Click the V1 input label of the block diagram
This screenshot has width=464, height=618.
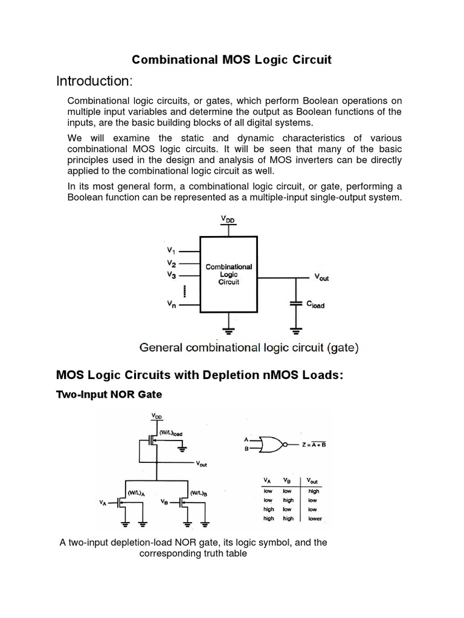coord(170,250)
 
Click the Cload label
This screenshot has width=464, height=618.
coord(315,305)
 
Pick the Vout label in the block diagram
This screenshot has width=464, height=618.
coord(321,278)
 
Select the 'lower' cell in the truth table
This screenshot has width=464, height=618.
coord(315,518)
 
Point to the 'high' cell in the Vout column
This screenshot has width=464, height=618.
coord(314,492)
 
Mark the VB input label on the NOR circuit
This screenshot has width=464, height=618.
coord(166,502)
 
